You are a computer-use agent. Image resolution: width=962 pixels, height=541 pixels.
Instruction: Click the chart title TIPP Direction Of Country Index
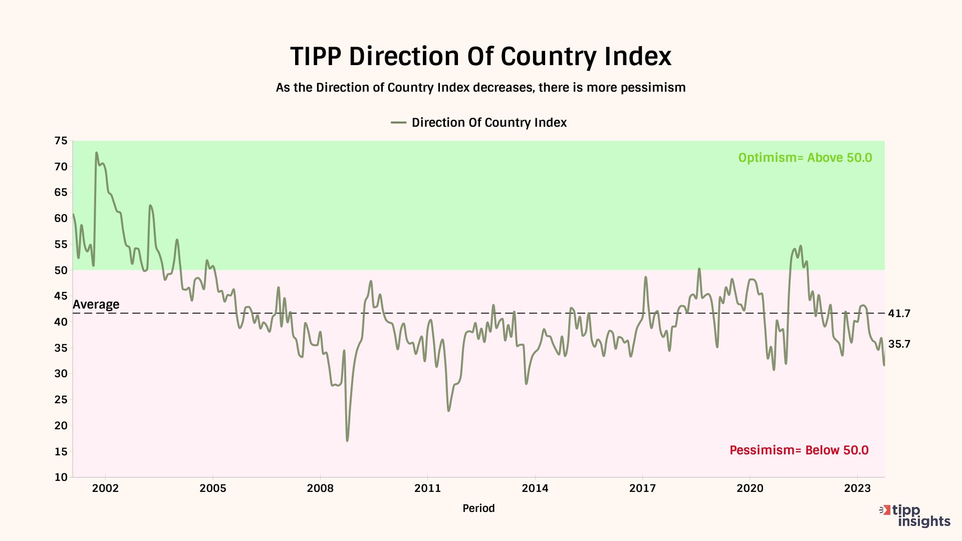point(480,56)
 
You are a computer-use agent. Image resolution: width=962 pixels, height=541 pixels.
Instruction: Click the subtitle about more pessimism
point(480,88)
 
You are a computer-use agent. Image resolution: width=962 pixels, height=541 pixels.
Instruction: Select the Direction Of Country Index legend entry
point(479,123)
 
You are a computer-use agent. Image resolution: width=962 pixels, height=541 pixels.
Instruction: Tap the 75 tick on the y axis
point(61,141)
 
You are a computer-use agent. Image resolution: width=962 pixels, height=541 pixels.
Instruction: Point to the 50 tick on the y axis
point(61,270)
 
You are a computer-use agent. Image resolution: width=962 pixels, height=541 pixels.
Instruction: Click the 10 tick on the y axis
point(61,477)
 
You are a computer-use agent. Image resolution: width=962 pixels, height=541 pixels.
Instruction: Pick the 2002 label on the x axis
point(105,488)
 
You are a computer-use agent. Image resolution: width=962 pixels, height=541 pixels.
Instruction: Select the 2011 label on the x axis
point(427,488)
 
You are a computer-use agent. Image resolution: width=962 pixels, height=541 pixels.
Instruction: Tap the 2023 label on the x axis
point(857,488)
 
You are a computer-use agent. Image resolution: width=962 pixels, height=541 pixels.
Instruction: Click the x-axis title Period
point(478,508)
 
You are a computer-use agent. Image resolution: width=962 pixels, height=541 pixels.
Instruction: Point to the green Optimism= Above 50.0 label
point(805,158)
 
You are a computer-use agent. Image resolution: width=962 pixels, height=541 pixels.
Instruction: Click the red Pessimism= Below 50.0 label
point(799,450)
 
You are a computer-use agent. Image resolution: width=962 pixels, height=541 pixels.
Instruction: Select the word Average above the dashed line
point(96,305)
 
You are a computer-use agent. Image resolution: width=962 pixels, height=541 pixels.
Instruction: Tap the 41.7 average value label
point(899,314)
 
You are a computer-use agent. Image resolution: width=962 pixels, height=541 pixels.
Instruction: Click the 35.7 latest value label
point(899,344)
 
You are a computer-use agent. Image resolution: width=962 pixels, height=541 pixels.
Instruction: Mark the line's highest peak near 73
point(97,153)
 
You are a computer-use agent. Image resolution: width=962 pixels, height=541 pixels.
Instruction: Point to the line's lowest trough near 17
point(347,440)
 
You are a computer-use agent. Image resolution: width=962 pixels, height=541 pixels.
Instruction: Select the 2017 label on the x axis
point(642,488)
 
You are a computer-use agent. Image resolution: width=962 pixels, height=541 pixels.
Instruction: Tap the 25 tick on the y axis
point(61,400)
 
